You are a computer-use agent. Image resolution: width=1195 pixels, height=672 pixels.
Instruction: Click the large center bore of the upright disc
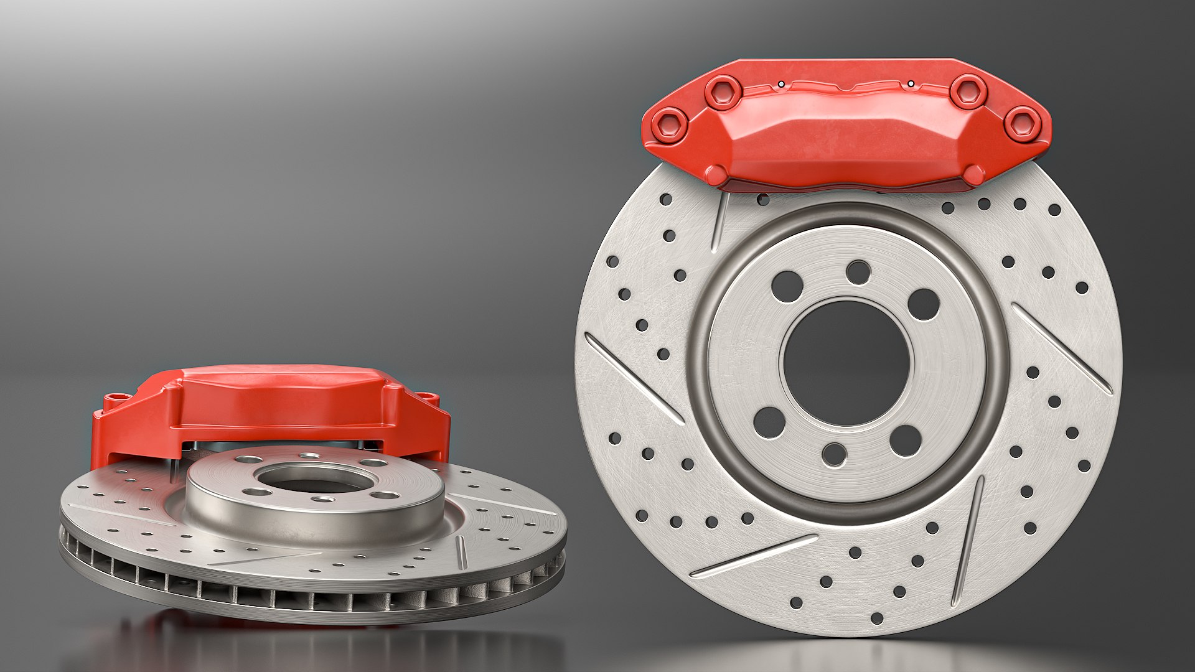(845, 363)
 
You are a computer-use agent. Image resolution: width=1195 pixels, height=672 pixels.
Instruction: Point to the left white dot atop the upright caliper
(781, 83)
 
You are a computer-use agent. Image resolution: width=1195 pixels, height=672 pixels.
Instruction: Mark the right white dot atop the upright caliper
(911, 83)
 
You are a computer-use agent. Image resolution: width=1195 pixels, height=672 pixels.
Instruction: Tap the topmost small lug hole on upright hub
(858, 272)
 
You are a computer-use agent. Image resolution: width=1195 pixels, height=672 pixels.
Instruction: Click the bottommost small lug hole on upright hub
(834, 454)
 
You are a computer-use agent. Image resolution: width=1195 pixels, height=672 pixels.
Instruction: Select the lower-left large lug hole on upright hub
(769, 422)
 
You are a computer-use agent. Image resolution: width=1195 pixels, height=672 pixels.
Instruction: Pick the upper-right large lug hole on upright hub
(923, 304)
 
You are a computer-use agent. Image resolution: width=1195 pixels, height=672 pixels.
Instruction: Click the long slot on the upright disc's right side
(1062, 348)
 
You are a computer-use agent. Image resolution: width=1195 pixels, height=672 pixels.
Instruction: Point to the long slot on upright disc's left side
(634, 379)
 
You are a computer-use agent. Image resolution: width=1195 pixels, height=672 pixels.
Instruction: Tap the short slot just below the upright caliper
(721, 220)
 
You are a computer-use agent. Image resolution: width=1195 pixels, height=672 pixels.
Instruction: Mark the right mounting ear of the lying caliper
(427, 397)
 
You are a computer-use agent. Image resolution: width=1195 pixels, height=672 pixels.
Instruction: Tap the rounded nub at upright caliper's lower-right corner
(974, 175)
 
